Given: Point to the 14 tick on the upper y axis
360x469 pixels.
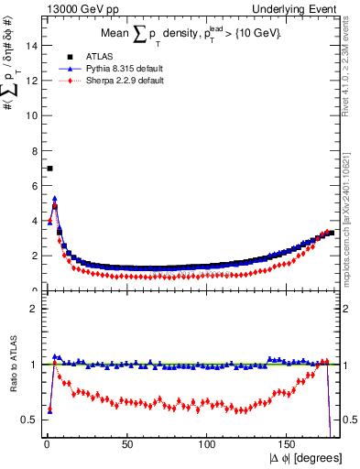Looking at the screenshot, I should click(36, 45).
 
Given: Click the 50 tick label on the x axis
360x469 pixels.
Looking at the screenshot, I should click(126, 445).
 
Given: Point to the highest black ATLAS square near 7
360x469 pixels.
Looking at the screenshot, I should click(49, 169).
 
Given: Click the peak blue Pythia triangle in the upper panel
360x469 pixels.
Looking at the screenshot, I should click(55, 198).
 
